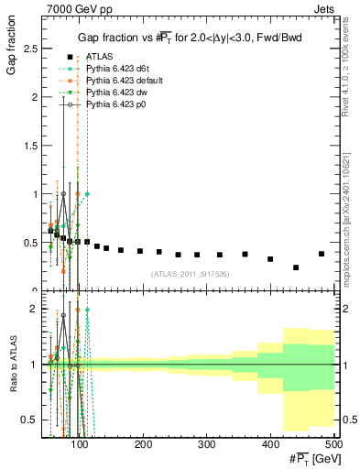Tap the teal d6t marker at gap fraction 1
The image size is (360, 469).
[88, 194]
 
